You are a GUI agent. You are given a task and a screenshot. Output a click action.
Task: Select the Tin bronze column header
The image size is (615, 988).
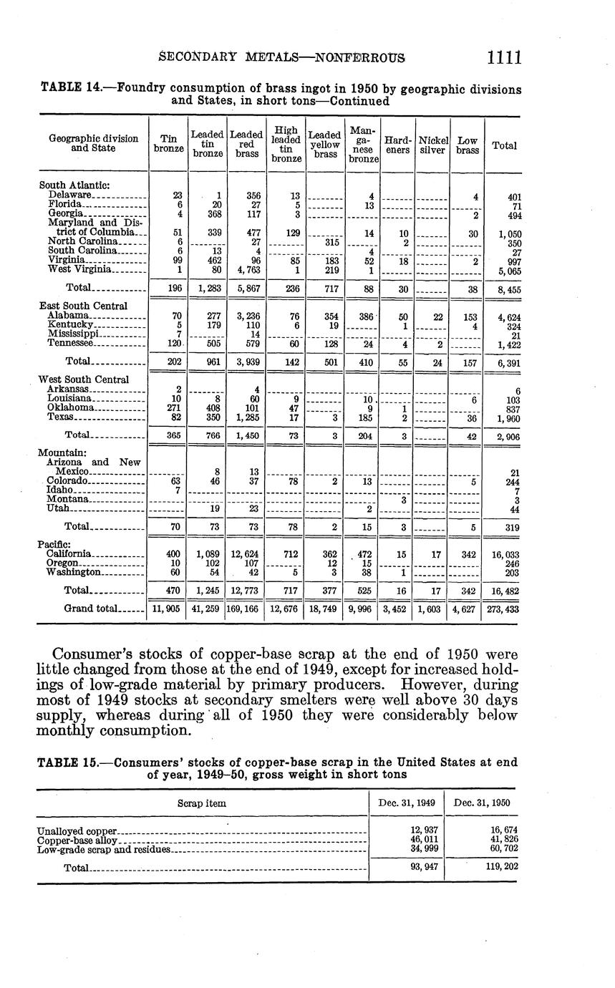tap(168, 144)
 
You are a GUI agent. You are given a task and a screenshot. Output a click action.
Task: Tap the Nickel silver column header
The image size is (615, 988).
tap(432, 144)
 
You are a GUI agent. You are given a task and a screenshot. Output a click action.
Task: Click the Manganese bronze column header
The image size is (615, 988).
tap(363, 144)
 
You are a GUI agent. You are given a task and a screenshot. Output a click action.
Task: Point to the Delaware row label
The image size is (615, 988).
tap(70, 195)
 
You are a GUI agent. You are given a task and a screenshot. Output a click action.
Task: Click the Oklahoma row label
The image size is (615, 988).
tap(71, 407)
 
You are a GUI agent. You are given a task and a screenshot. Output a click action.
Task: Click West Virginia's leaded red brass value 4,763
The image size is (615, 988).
tap(247, 270)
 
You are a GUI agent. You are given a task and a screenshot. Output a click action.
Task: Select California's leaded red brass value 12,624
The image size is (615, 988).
tap(247, 553)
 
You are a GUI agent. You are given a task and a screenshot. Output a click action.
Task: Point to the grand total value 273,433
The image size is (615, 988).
tap(504, 609)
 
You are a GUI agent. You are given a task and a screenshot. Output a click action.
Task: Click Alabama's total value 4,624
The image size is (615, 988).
tap(505, 316)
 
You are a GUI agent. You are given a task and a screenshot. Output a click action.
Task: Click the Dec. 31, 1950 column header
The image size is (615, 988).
tap(481, 803)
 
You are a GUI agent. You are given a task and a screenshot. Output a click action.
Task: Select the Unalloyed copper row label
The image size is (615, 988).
tap(77, 830)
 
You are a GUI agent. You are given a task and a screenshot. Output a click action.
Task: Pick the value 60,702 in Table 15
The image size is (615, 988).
tap(501, 849)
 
